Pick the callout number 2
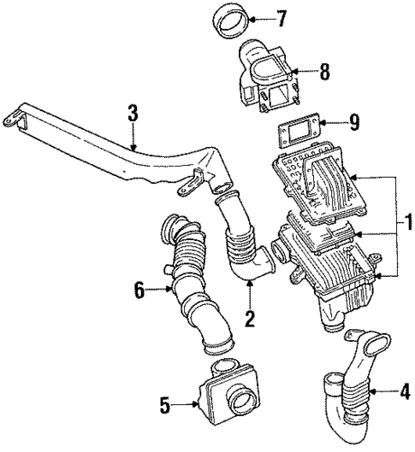pos(251,320)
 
